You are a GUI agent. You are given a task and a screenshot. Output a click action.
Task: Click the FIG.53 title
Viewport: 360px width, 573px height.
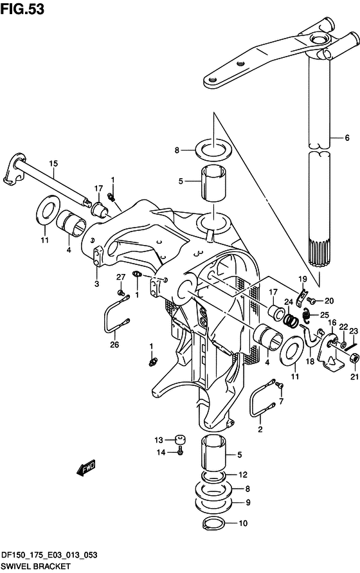click(x=22, y=9)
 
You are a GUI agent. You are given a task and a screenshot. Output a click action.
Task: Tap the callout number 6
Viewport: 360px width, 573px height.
click(x=347, y=138)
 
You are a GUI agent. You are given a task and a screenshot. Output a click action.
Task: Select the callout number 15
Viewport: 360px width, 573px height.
click(x=53, y=163)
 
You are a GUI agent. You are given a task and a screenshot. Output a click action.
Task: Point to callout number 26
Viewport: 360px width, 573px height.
click(x=114, y=344)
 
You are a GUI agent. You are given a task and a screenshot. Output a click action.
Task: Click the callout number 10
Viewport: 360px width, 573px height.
click(x=243, y=523)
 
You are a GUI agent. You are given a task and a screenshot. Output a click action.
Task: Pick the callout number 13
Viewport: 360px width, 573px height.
click(x=158, y=441)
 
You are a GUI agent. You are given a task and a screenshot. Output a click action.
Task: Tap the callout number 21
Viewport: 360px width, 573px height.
click(x=354, y=377)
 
